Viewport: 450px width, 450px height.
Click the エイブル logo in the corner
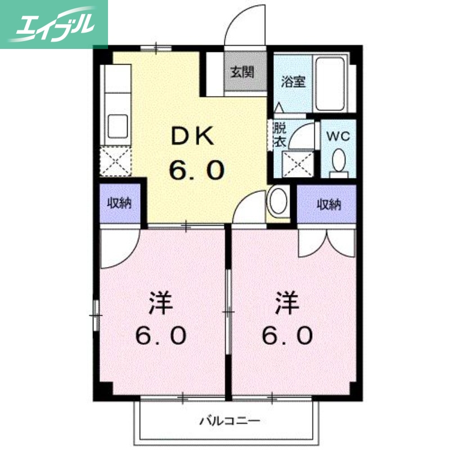[53, 24]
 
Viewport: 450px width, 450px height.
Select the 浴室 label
[293, 81]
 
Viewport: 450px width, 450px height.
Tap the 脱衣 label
[279, 134]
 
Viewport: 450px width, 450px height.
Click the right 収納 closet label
[328, 204]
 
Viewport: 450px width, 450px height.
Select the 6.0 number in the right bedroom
[287, 336]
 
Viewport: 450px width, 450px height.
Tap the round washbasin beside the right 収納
[278, 201]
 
